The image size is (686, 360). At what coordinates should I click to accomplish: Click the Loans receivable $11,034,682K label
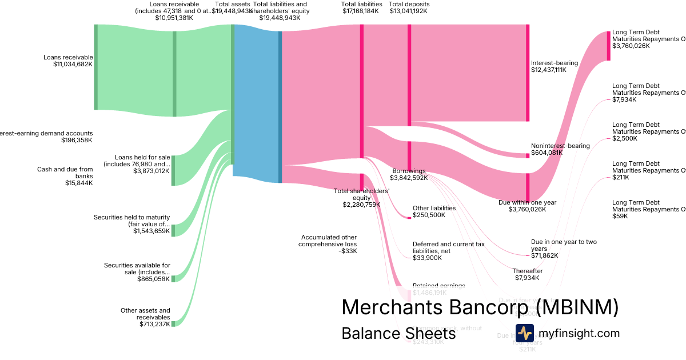click(68, 61)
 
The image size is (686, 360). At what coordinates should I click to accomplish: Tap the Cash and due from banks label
click(65, 176)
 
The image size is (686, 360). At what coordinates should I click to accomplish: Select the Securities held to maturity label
click(132, 224)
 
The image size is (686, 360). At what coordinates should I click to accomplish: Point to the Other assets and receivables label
click(145, 317)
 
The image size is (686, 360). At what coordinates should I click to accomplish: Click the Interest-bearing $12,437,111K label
click(554, 66)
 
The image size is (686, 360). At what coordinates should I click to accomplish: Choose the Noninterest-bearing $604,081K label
click(560, 149)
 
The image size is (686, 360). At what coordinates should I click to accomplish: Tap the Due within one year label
click(527, 206)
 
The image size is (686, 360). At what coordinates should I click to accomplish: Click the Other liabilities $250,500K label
click(434, 211)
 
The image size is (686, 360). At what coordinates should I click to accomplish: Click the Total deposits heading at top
click(409, 7)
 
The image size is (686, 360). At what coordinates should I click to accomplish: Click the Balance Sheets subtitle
click(398, 333)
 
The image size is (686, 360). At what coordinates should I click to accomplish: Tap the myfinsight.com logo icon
click(524, 333)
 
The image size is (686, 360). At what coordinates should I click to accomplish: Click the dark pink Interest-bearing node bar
click(527, 73)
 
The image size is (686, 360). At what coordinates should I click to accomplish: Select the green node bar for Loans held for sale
click(174, 170)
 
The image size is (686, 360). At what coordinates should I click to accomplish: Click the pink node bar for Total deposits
click(409, 75)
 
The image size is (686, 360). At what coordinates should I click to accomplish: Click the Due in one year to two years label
click(564, 249)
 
